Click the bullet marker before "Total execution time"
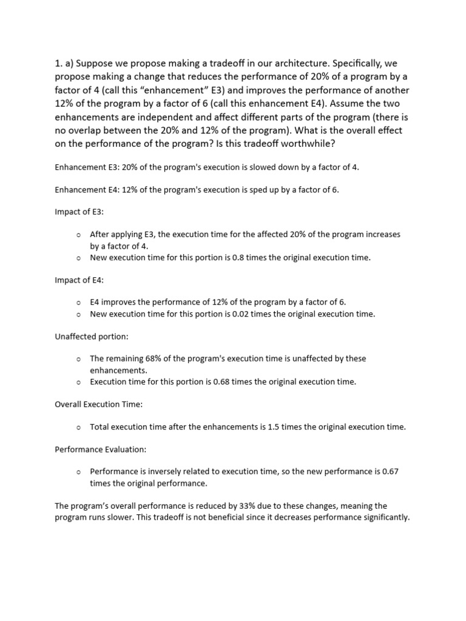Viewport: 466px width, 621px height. coord(79,428)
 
